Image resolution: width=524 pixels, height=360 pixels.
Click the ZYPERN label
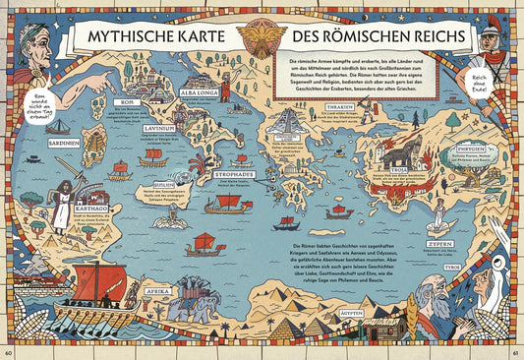click(439, 242)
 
